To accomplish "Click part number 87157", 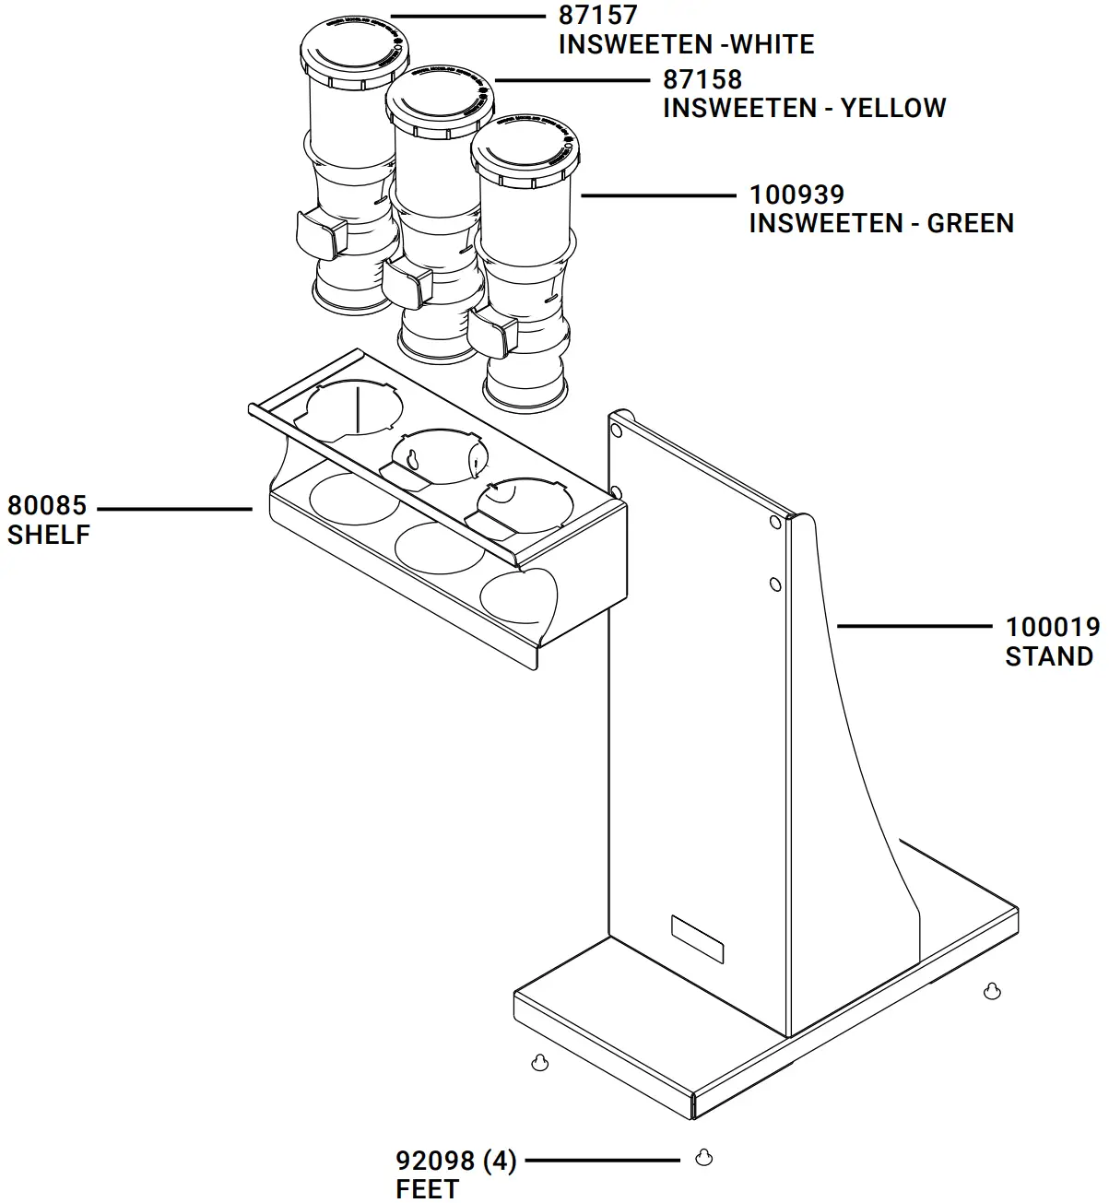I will tap(597, 16).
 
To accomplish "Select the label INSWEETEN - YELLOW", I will tap(804, 108).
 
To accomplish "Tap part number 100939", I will tap(796, 195).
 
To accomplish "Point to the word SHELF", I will tap(49, 535).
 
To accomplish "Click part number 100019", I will tap(1052, 627).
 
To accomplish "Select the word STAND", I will tap(1049, 656).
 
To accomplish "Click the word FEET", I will tap(427, 1189).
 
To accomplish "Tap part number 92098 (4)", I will tap(456, 1161).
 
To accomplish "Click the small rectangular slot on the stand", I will tap(697, 939).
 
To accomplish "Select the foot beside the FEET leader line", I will tap(703, 1157).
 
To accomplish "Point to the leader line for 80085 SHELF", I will tap(174, 508).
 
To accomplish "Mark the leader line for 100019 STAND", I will tap(913, 626).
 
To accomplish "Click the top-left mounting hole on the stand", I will tap(617, 430).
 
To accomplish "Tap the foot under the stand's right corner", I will tap(992, 991).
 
